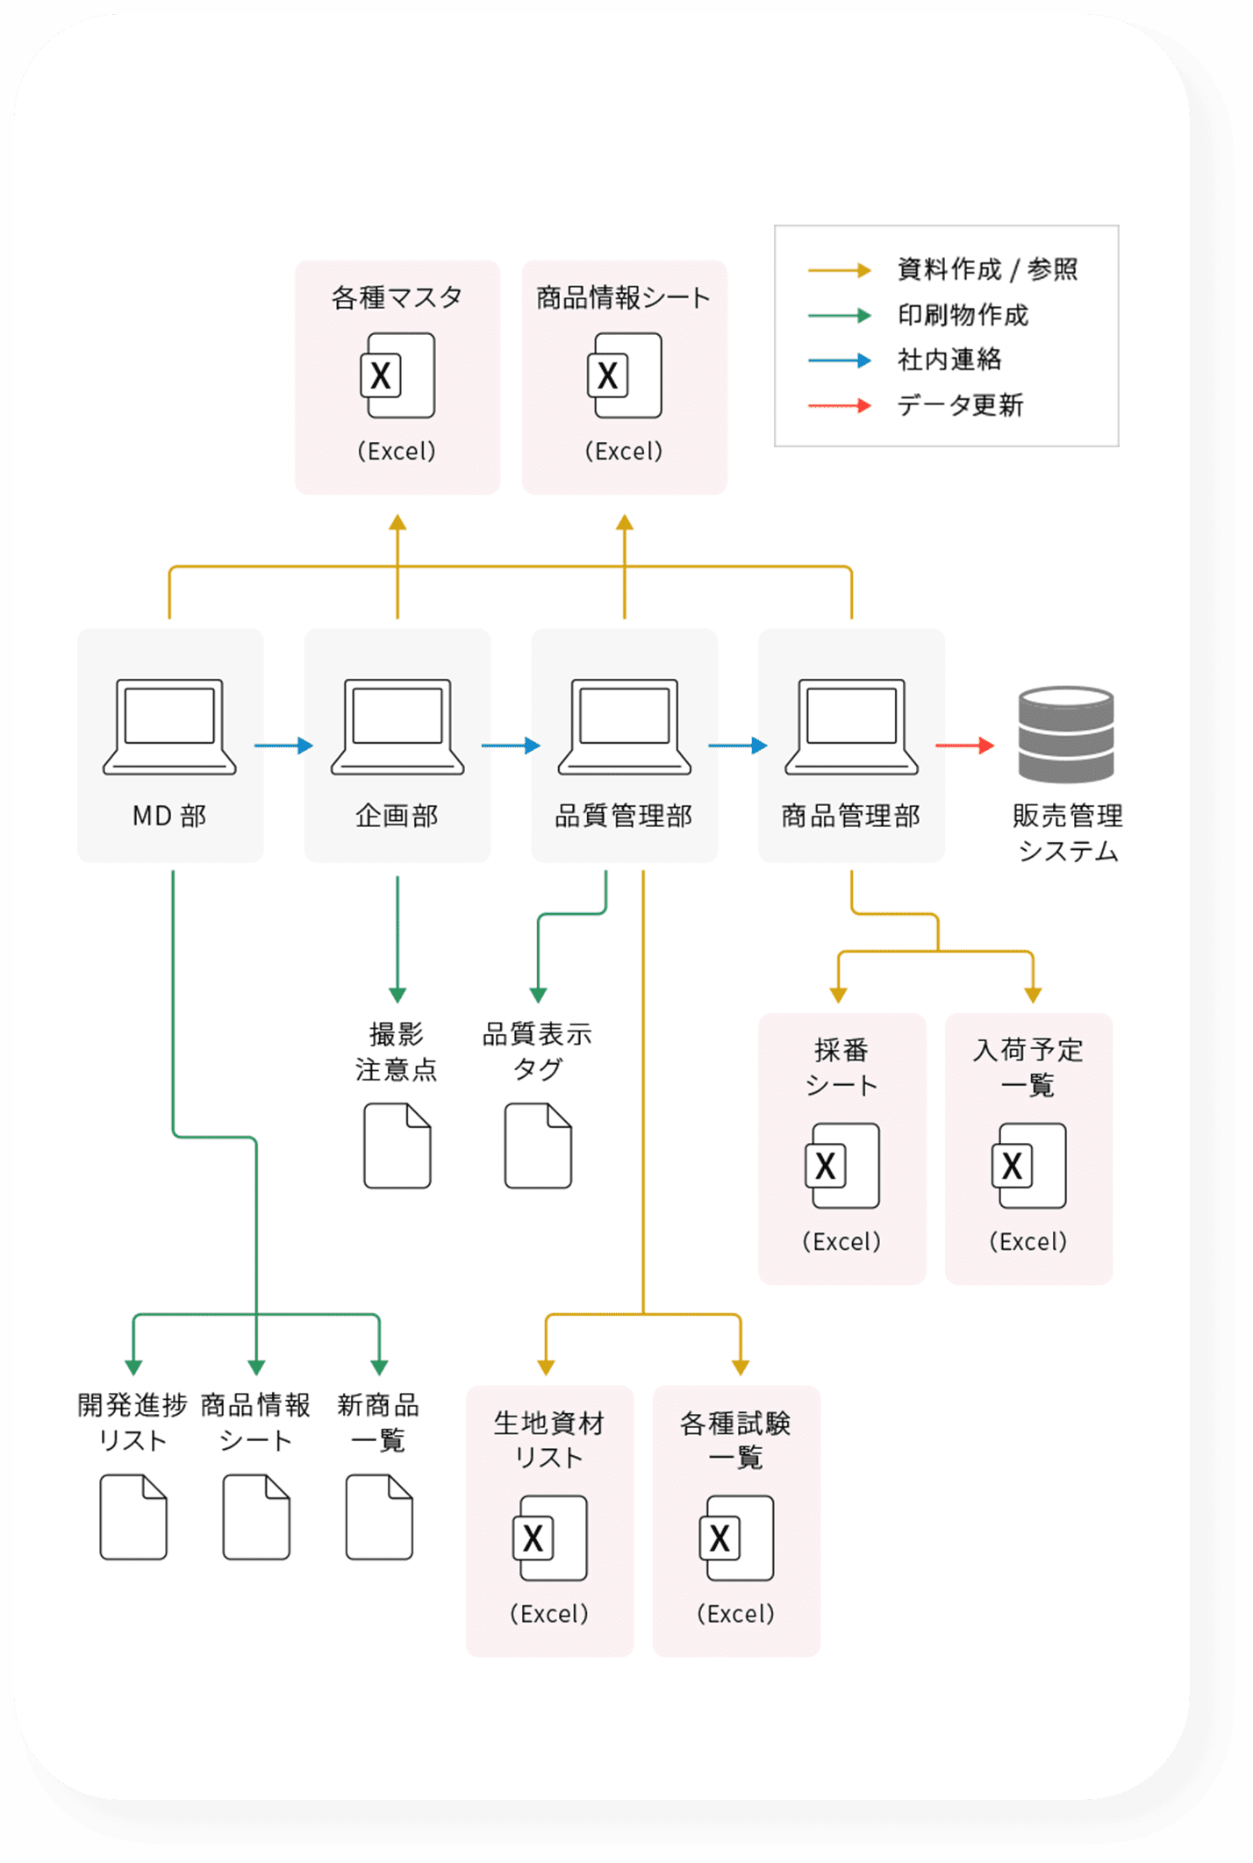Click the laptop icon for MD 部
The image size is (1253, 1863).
pos(169,726)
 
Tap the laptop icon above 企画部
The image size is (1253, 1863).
pos(397,726)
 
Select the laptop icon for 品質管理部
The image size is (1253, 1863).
pos(624,726)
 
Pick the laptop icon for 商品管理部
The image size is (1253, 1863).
pos(851,726)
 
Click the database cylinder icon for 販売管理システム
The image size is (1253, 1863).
pos(1066,734)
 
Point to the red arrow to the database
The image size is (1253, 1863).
pos(964,746)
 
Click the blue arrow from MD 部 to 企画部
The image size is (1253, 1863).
pos(283,746)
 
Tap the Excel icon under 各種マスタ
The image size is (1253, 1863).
pos(397,375)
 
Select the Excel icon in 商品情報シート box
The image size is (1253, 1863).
pos(624,375)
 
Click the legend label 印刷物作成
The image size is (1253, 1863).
pos(963,315)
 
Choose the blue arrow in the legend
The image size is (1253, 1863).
pos(839,360)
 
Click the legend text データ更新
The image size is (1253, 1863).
pos(960,405)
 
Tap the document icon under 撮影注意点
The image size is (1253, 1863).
pos(397,1146)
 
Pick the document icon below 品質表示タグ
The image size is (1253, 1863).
pos(538,1146)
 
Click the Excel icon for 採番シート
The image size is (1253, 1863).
pos(842,1166)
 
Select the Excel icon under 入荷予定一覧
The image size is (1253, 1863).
pos(1029,1166)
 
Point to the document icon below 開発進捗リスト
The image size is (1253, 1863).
pos(133,1517)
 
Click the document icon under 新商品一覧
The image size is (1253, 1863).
pos(379,1517)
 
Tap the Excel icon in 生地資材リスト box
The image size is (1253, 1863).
pos(550,1538)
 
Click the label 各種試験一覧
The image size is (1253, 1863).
pos(736,1439)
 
